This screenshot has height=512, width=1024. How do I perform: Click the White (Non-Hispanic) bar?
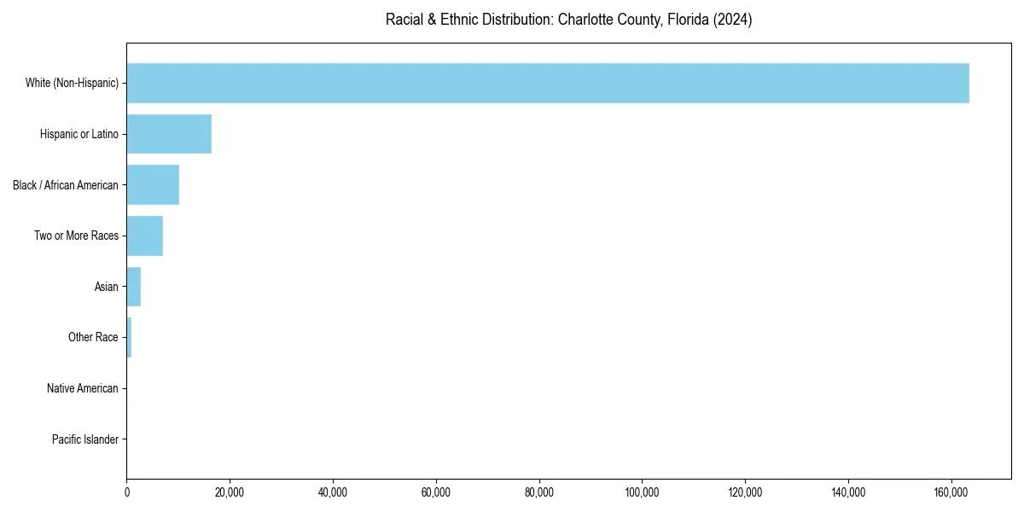548,83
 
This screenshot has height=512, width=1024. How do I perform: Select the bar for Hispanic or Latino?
169,134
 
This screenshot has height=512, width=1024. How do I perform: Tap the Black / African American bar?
153,185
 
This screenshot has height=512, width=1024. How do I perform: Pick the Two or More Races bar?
144,236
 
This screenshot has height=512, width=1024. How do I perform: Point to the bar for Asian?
134,287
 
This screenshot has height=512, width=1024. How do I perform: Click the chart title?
568,20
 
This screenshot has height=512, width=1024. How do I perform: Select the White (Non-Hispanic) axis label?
72,83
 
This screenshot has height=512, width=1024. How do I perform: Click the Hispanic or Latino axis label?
79,134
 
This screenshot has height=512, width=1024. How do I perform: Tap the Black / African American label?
66,185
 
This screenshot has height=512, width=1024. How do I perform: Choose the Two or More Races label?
77,236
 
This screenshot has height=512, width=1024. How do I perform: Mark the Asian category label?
107,287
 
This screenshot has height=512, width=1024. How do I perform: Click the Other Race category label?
93,338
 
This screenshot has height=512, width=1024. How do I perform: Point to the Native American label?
83,389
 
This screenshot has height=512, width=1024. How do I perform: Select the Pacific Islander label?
85,440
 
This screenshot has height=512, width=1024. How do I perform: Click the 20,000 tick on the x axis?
230,492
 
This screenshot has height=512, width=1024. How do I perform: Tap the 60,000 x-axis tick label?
436,492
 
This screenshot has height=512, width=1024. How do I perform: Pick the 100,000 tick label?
642,492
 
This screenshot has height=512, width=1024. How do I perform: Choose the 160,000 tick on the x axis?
951,492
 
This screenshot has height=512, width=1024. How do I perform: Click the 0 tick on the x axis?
127,492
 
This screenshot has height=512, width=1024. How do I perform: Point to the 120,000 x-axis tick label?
745,492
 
